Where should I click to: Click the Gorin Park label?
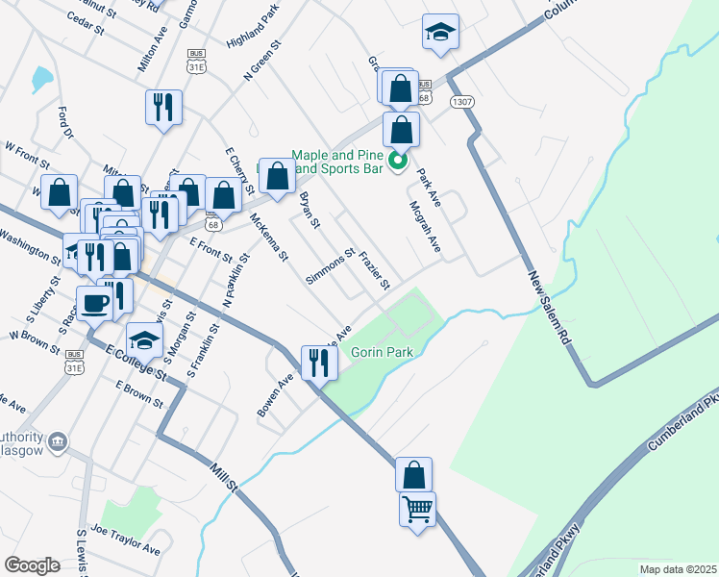tap(382, 353)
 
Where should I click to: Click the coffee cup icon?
tap(95, 303)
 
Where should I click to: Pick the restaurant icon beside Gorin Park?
tap(316, 363)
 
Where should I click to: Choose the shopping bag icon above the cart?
tap(413, 474)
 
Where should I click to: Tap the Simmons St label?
tap(331, 266)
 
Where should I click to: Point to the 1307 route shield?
tap(463, 101)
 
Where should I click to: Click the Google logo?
tap(32, 564)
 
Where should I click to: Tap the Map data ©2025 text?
tap(679, 569)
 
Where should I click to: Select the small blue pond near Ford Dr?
tap(42, 78)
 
